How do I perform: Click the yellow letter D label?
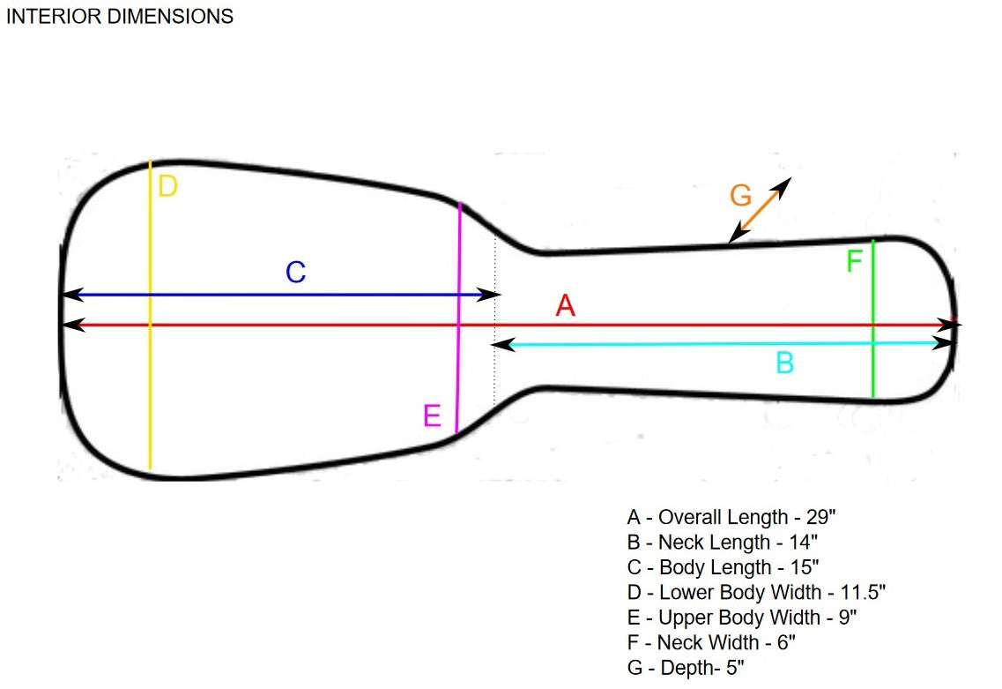(x=167, y=186)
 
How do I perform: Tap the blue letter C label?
(x=295, y=273)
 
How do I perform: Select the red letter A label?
(x=565, y=306)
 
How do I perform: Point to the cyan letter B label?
(x=785, y=363)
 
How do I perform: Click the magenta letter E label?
(x=432, y=415)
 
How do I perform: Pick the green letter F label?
(x=854, y=262)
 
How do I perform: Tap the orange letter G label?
(x=741, y=196)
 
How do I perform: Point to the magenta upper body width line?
(x=458, y=353)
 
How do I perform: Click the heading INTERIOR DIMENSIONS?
(x=120, y=16)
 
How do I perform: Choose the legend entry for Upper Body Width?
(x=741, y=617)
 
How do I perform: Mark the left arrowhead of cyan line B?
(x=499, y=344)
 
